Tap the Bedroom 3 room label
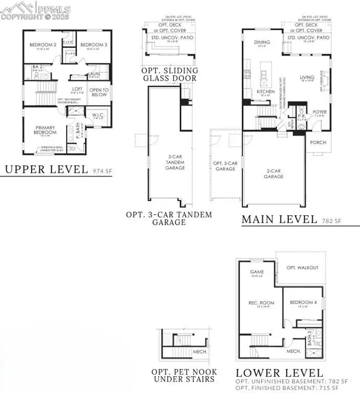[x=92, y=45]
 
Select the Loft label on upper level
[x=77, y=89]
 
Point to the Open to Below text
[x=99, y=92]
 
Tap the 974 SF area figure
[x=101, y=171]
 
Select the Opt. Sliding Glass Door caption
[x=169, y=74]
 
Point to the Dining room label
[x=263, y=43]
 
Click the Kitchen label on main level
[x=263, y=92]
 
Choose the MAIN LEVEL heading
[x=280, y=220]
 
